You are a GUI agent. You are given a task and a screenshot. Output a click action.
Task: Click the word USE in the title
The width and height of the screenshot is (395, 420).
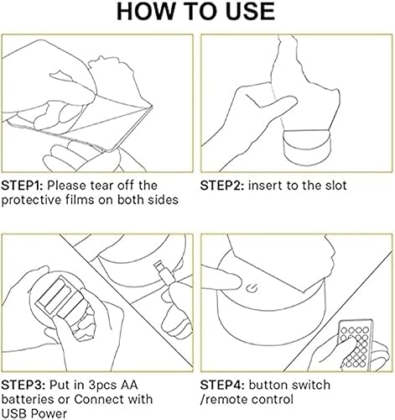[x=250, y=11]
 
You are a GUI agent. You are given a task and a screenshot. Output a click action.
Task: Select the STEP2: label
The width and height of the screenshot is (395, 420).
[x=222, y=186]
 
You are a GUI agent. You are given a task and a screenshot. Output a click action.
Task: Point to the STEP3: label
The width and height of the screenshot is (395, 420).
[x=23, y=385]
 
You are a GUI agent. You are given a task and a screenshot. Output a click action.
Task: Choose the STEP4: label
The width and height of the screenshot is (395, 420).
[x=222, y=385]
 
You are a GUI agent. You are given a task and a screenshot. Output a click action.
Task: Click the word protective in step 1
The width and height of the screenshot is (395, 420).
[x=32, y=201]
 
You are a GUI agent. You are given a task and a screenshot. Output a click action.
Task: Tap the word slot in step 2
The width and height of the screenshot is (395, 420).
[x=335, y=186]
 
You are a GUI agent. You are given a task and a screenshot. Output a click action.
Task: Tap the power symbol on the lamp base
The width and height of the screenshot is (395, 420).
[x=251, y=287]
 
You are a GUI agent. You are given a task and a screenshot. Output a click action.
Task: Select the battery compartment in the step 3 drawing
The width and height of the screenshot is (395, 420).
[x=60, y=297]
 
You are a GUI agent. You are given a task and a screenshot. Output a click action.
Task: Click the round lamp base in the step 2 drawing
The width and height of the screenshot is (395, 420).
[x=307, y=146]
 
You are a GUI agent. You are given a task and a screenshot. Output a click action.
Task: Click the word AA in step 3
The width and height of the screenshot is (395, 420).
[x=129, y=385]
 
